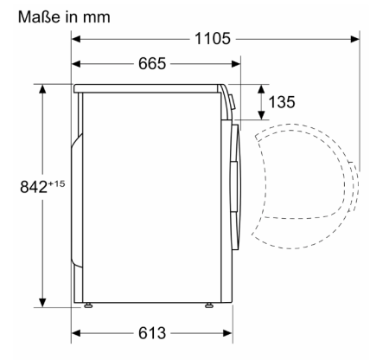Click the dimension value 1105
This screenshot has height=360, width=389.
213,39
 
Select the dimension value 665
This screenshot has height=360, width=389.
152,63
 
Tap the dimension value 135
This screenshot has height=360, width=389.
282,102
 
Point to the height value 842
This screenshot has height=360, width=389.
34,187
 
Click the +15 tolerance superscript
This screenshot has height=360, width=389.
56,183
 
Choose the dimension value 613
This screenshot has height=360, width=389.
152,333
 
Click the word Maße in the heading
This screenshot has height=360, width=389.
40,16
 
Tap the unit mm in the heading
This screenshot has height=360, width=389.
97,18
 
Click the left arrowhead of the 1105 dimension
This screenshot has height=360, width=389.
76,39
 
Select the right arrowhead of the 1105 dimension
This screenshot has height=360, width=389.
355,39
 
